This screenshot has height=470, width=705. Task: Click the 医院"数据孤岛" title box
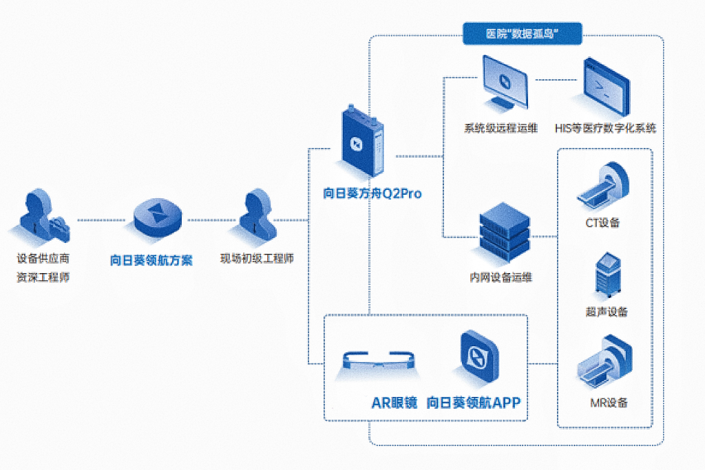(x=522, y=34)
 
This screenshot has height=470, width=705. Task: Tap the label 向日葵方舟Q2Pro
(x=372, y=193)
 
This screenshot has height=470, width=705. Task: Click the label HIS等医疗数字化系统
(x=605, y=128)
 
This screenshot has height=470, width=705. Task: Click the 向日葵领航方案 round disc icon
(x=158, y=217)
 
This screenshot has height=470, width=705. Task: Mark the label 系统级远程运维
(x=501, y=128)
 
